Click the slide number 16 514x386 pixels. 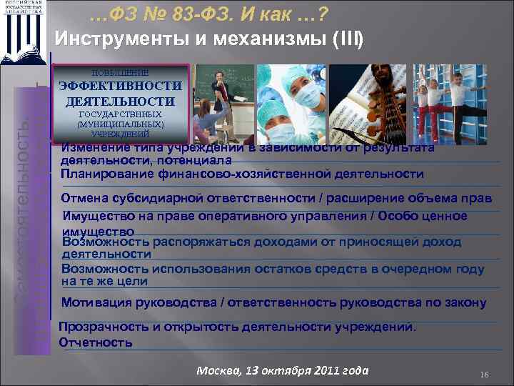(x=483, y=375)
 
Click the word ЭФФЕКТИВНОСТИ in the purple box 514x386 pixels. (x=120, y=86)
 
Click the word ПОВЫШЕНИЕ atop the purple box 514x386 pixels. (x=120, y=73)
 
